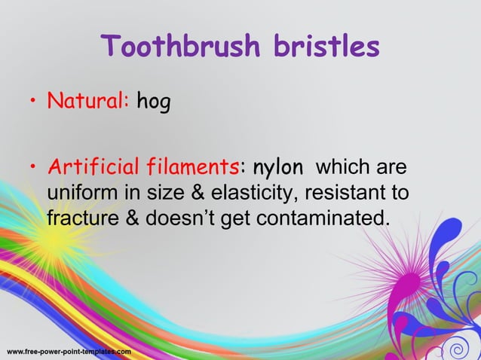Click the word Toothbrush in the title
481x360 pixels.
[176, 47]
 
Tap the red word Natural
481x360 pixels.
[87, 100]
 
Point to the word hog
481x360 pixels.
[153, 102]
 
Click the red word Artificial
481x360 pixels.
[95, 166]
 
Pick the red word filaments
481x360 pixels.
[191, 166]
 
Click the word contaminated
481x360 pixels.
[324, 219]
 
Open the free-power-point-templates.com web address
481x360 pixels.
[69, 352]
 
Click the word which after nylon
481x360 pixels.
[343, 166]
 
